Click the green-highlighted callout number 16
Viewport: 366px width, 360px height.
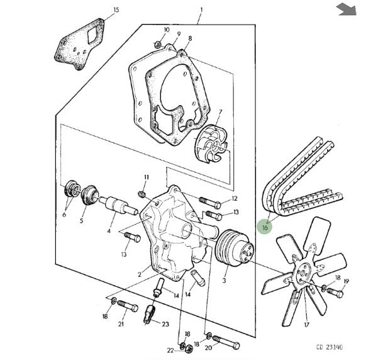265,227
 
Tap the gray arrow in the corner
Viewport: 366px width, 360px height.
347,9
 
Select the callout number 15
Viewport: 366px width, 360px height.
116,10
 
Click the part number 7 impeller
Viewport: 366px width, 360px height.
211,143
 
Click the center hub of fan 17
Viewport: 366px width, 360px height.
304,274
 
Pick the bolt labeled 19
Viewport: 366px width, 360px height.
335,293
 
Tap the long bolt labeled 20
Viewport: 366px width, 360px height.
226,341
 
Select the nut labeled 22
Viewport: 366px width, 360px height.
189,349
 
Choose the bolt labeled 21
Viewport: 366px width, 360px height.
127,306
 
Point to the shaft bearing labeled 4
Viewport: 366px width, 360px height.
119,205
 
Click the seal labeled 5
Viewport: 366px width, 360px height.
90,195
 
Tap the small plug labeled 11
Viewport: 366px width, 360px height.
141,194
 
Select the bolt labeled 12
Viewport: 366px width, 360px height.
210,203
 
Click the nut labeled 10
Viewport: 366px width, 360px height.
158,44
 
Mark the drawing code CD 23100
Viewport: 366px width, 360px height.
330,347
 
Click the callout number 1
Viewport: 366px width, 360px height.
201,10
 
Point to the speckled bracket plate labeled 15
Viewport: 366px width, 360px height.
80,44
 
